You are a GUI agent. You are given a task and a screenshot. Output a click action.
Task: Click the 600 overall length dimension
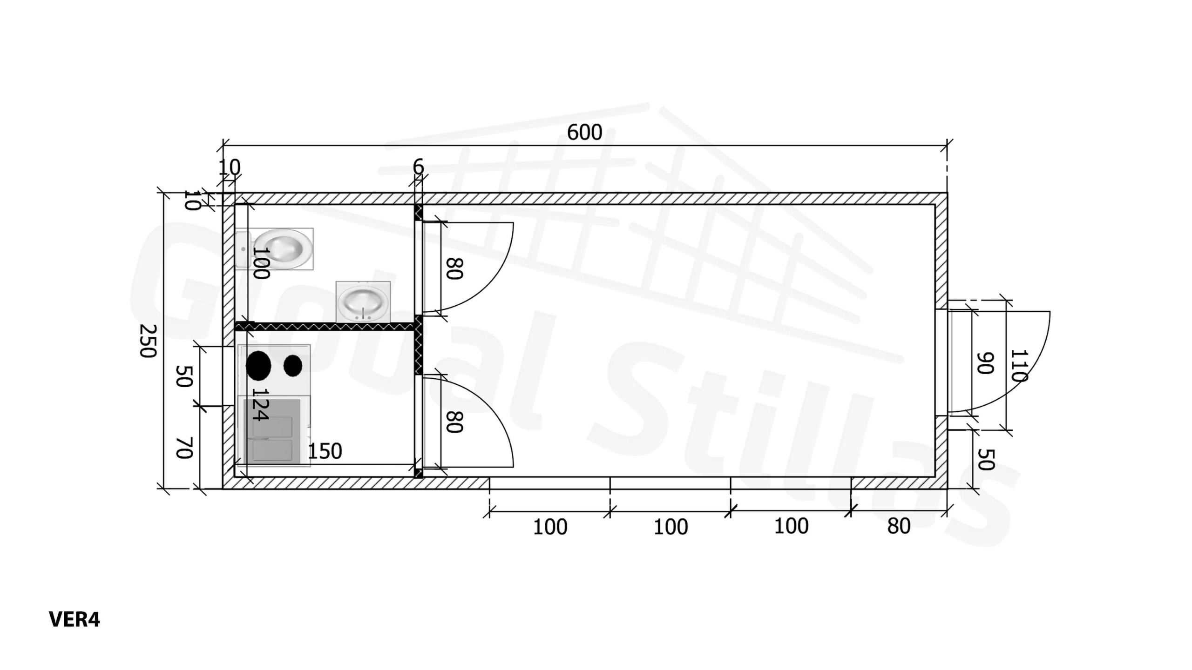pyautogui.click(x=584, y=133)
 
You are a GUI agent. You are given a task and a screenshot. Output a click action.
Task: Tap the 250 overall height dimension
pyautogui.click(x=148, y=341)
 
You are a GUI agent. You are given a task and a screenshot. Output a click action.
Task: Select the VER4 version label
pyautogui.click(x=74, y=619)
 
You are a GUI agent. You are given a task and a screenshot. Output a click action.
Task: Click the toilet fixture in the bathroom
pyautogui.click(x=275, y=249)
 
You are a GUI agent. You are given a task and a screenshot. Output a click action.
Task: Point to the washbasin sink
pyautogui.click(x=363, y=301)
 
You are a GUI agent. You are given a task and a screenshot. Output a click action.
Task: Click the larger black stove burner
pyautogui.click(x=258, y=366)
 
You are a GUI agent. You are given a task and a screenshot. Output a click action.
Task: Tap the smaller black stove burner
pyautogui.click(x=293, y=366)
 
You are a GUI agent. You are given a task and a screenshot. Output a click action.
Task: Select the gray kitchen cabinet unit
pyautogui.click(x=272, y=431)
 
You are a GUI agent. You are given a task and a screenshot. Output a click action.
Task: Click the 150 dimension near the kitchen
pyautogui.click(x=325, y=451)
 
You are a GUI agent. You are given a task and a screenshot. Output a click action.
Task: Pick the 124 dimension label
pyautogui.click(x=260, y=404)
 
